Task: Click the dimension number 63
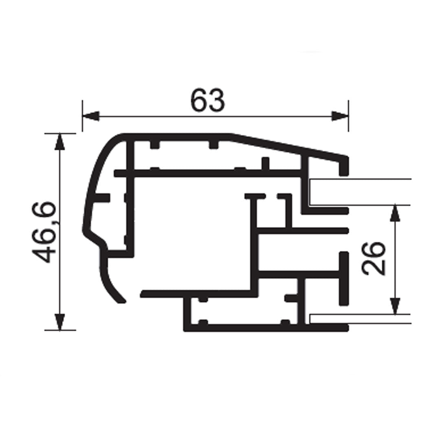pyautogui.click(x=208, y=101)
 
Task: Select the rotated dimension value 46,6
pyautogui.click(x=44, y=231)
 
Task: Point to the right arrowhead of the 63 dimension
pyautogui.click(x=340, y=116)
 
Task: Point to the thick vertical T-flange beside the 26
pyautogui.click(x=344, y=279)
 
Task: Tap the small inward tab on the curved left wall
pyautogui.click(x=103, y=198)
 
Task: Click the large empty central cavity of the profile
pyautogui.click(x=191, y=232)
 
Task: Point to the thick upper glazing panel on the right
pyautogui.click(x=361, y=192)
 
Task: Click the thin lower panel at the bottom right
pyautogui.click(x=361, y=319)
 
